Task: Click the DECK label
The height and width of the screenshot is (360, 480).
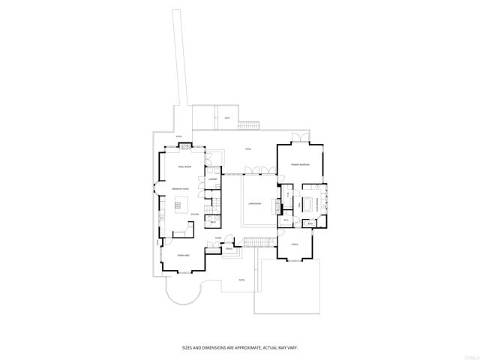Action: point(226,118)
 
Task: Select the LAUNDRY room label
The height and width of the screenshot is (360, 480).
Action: point(212,180)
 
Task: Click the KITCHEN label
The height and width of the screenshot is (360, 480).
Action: point(194,214)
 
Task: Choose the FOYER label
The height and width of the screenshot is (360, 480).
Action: point(217,238)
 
